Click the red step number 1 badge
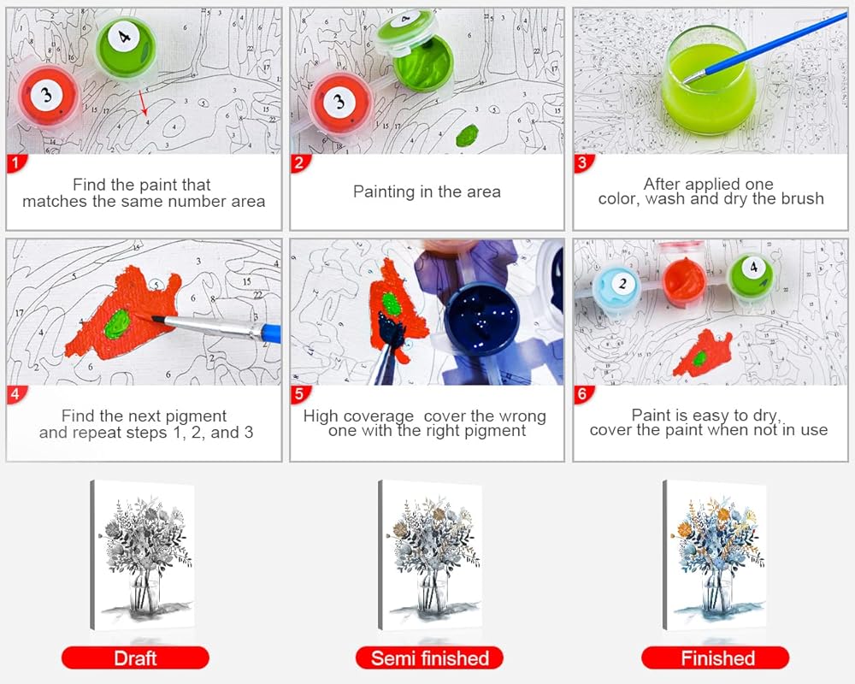coord(16,162)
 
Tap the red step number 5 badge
coord(299,394)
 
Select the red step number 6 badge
coord(583,394)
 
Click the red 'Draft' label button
coord(135,657)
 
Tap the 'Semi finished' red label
coord(430,657)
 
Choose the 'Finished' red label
coord(716,657)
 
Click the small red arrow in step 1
coord(143,102)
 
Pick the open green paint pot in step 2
coord(424,62)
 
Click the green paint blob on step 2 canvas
coord(467,135)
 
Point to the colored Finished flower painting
coord(715,555)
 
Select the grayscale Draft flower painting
coord(143,555)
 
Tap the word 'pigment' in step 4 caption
coord(196,416)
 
